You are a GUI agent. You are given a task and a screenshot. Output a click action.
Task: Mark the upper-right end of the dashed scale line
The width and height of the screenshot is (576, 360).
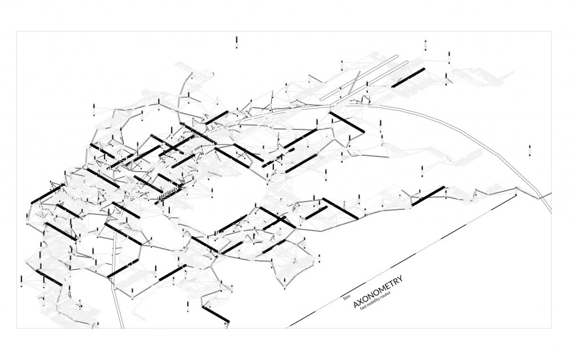click(x=515, y=195)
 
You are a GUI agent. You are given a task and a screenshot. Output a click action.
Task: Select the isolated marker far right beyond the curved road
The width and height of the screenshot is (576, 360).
click(x=529, y=150)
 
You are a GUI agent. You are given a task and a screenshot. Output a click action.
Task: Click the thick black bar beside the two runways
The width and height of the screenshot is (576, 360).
click(x=407, y=78)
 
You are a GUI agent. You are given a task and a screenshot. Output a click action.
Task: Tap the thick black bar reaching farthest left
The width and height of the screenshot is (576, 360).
click(x=44, y=193)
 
